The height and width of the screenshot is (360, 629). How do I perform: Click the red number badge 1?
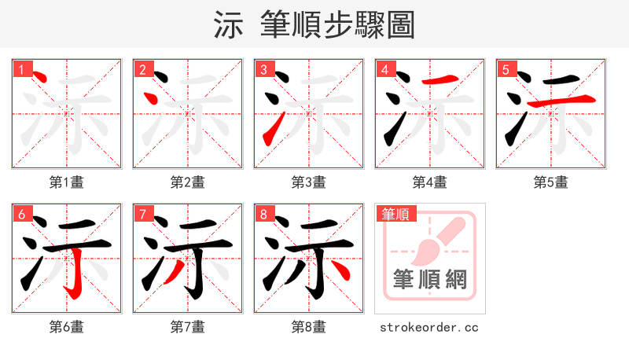[x=21, y=69]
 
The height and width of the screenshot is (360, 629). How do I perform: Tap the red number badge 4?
[x=384, y=69]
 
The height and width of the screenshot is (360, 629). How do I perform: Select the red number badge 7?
[x=142, y=214]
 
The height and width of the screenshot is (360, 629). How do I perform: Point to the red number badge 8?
[x=263, y=214]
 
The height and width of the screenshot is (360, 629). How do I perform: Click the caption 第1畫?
[x=66, y=182]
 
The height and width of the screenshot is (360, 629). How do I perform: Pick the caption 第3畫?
[x=308, y=182]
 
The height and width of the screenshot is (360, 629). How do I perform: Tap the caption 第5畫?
[x=550, y=182]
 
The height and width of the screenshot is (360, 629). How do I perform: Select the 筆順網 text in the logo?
[x=429, y=279]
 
